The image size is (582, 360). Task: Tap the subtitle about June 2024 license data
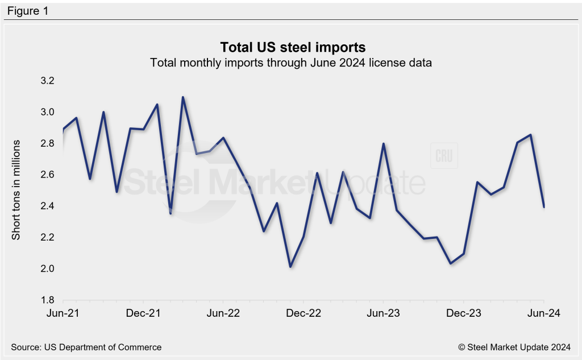[x=291, y=63]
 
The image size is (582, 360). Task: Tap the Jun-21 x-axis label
[x=63, y=313]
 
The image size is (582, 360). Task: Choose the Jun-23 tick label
[x=384, y=313]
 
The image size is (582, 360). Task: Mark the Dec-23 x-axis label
[x=464, y=313]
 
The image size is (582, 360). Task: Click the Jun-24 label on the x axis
[x=544, y=313]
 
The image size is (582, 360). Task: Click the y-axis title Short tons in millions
[x=16, y=189]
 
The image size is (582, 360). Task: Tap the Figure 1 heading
[x=28, y=11]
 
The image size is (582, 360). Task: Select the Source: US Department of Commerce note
[x=86, y=347]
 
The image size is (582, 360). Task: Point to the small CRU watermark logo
[x=445, y=156]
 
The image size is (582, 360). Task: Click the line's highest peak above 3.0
[x=183, y=97]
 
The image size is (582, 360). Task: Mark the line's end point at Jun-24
[x=544, y=206]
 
